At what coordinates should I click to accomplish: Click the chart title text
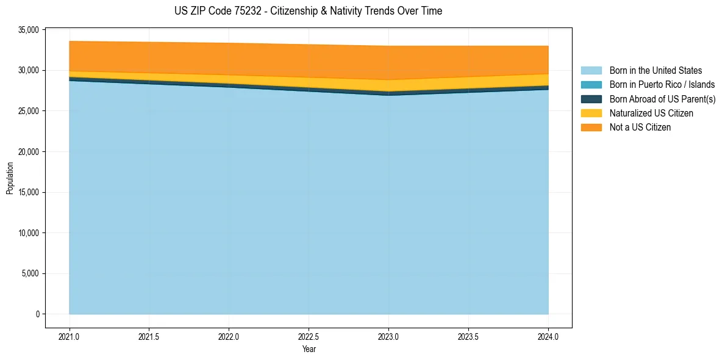[308, 11]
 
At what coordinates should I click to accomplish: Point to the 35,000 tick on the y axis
[29, 30]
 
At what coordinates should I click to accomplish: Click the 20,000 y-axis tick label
[29, 152]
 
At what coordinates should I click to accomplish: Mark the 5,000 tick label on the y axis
[31, 273]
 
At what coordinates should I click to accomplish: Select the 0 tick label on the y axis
[37, 314]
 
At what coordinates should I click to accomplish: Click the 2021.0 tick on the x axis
[69, 336]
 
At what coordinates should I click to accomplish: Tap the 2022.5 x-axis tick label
[309, 336]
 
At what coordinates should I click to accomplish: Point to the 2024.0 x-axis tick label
[548, 336]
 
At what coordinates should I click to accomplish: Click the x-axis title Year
[309, 350]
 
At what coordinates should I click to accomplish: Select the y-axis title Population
[10, 178]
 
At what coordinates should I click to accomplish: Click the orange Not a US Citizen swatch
[591, 128]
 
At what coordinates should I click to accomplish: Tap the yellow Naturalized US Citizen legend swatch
[591, 113]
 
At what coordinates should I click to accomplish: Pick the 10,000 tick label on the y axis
[29, 233]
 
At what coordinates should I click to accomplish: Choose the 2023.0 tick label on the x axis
[388, 336]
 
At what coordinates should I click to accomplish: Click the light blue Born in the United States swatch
[591, 71]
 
